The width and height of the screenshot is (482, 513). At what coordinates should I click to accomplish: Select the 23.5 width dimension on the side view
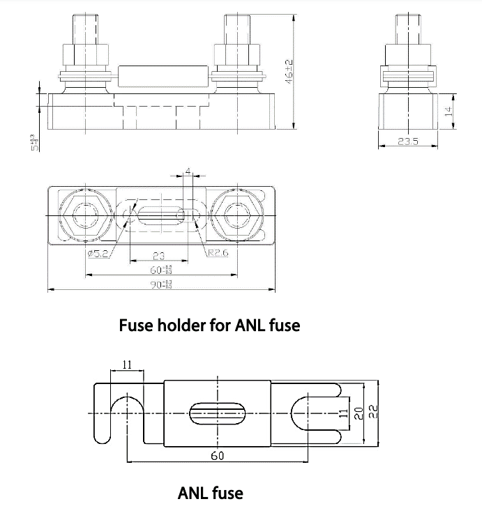407,141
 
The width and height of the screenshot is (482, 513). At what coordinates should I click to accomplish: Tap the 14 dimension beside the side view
449,110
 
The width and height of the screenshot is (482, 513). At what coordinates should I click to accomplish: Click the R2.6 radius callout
217,253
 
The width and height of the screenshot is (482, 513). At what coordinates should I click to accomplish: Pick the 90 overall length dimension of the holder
160,284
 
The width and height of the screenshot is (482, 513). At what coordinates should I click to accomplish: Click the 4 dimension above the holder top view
187,170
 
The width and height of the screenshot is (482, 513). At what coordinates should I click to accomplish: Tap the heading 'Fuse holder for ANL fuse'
209,326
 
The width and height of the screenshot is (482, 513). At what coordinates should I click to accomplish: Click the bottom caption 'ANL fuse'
211,493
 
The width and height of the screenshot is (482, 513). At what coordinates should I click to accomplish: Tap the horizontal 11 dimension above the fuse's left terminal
127,365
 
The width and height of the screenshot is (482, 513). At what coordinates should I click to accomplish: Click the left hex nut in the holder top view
85,215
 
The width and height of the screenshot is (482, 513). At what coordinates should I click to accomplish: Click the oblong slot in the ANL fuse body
217,413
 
